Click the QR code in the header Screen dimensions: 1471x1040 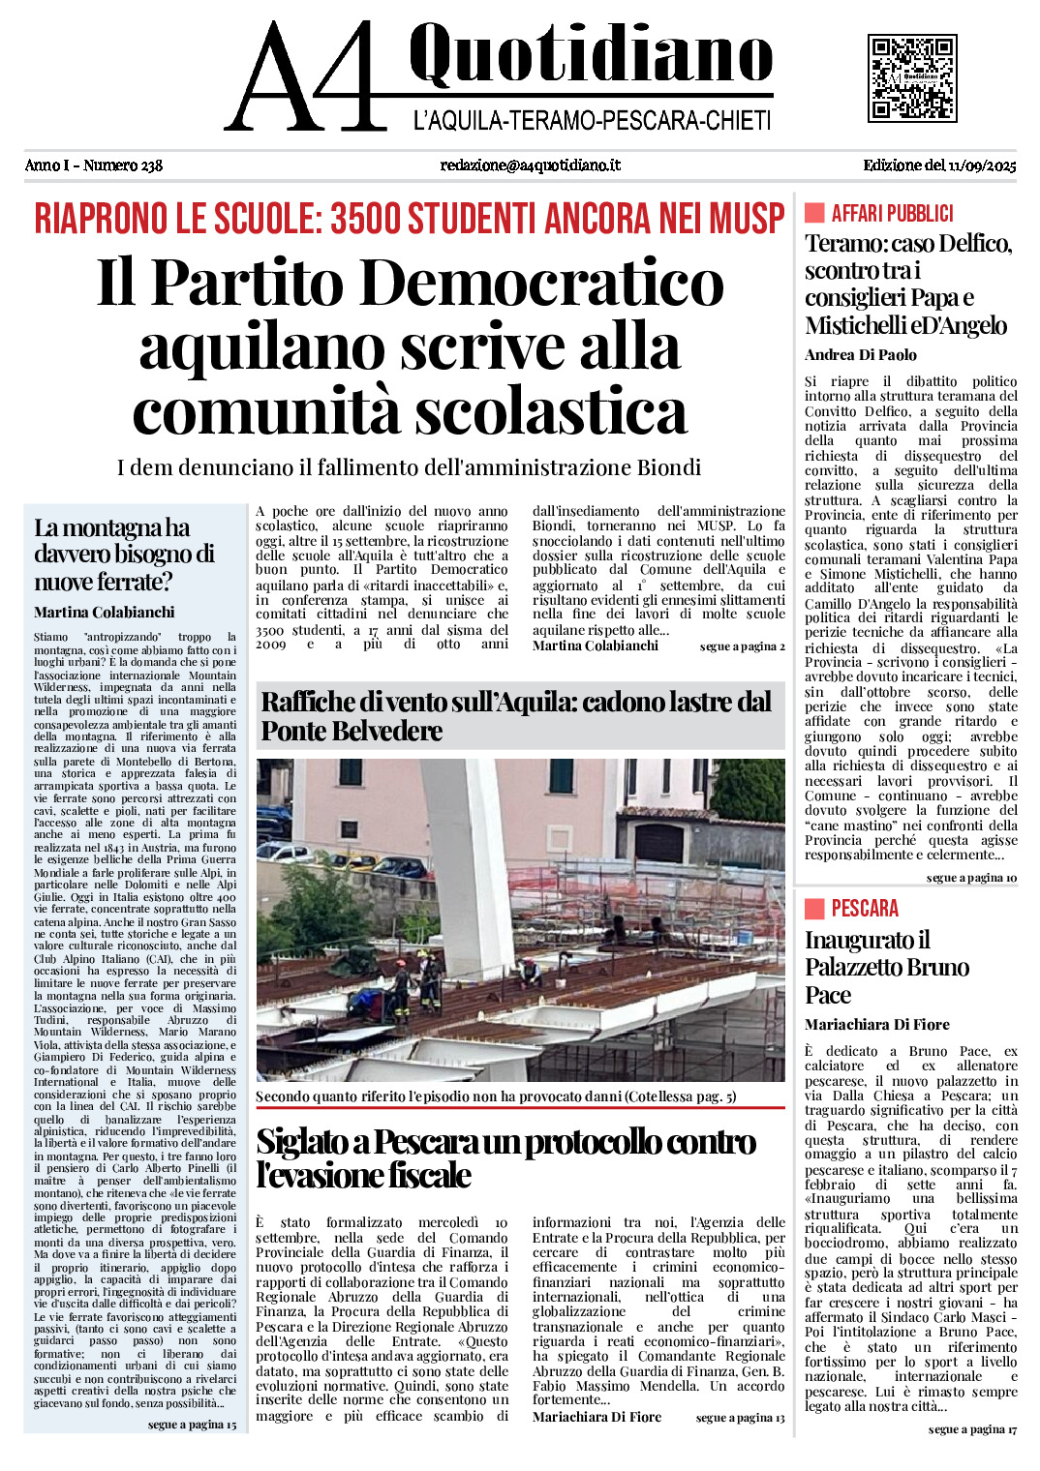pyautogui.click(x=911, y=77)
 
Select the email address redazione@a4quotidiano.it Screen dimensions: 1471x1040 pyautogui.click(x=530, y=165)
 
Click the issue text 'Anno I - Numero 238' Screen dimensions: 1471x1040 pyautogui.click(x=94, y=165)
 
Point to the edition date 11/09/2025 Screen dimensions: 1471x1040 pyautogui.click(x=982, y=165)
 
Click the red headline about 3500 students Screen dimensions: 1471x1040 pyautogui.click(x=410, y=219)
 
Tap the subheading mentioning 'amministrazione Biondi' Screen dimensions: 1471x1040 pyautogui.click(x=409, y=468)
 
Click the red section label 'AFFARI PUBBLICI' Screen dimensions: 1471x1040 pyautogui.click(x=892, y=214)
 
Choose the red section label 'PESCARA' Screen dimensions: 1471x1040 pyautogui.click(x=865, y=909)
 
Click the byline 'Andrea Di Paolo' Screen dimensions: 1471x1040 pyautogui.click(x=860, y=355)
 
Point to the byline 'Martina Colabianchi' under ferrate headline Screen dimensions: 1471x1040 pyautogui.click(x=105, y=613)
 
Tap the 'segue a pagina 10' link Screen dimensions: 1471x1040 pyautogui.click(x=971, y=878)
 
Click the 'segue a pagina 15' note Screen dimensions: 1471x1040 pyautogui.click(x=192, y=1425)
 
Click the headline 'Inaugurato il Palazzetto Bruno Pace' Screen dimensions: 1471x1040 pyautogui.click(x=886, y=967)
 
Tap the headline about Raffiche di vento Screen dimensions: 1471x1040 pyautogui.click(x=516, y=716)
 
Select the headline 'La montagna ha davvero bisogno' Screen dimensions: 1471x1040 pyautogui.click(x=125, y=555)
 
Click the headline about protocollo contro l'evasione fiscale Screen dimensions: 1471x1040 pyautogui.click(x=505, y=1158)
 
